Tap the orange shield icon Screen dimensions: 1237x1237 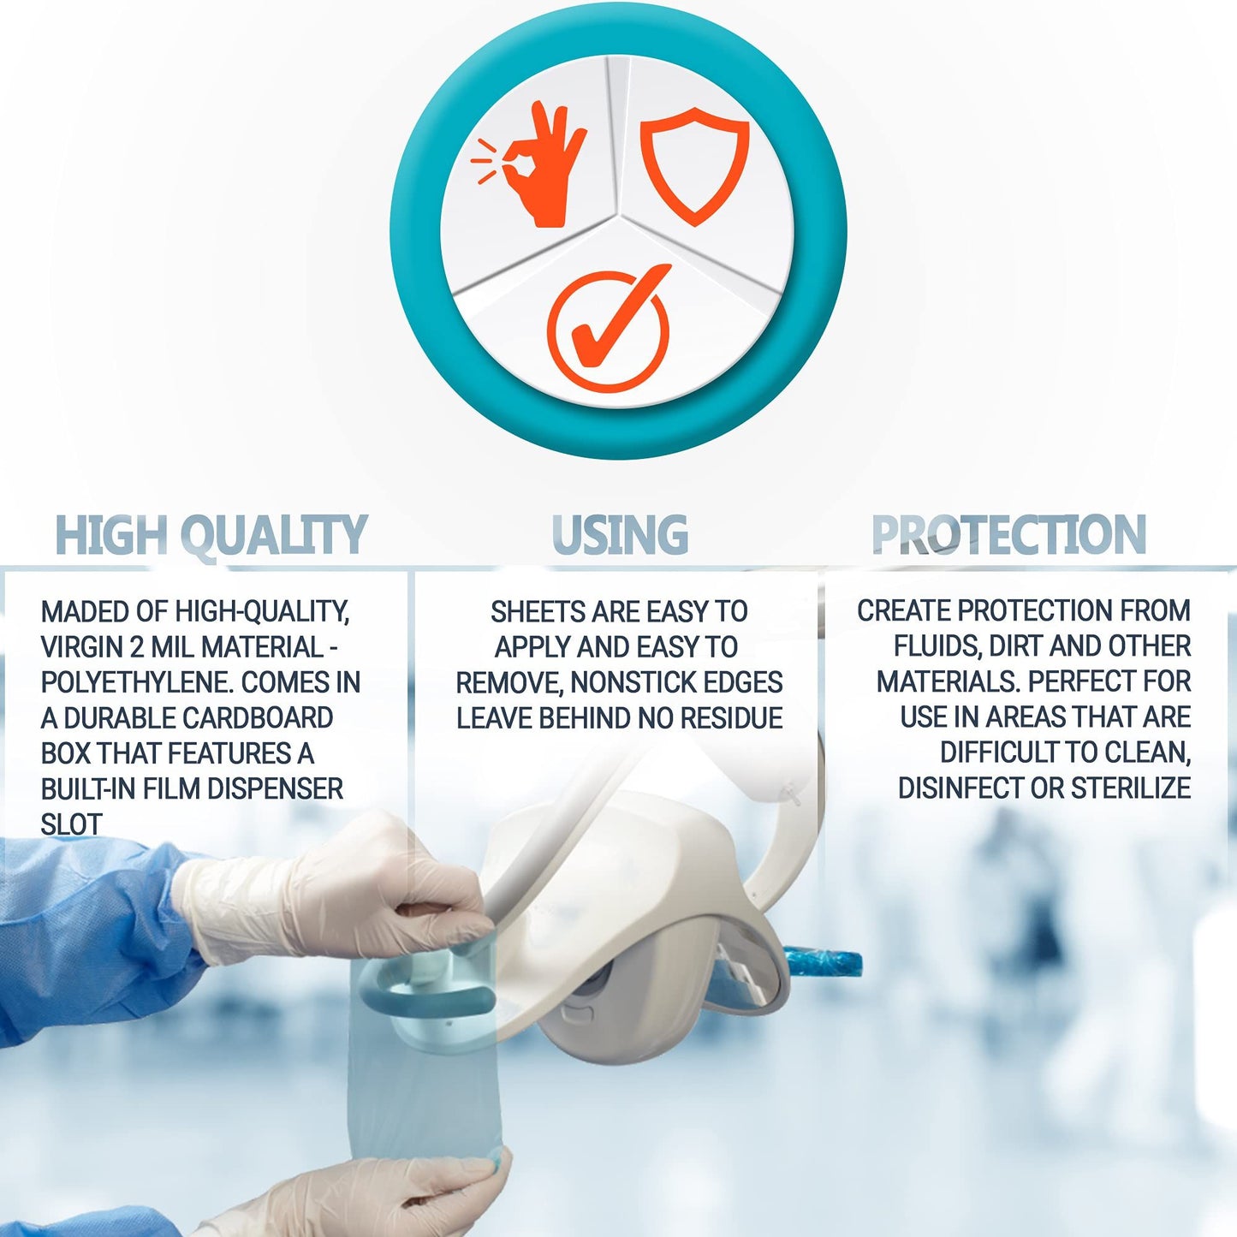695,166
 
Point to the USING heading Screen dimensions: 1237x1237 620,534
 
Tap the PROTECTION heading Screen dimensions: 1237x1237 1008,534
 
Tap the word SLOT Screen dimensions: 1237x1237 71,825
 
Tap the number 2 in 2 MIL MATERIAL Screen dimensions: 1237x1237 137,647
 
